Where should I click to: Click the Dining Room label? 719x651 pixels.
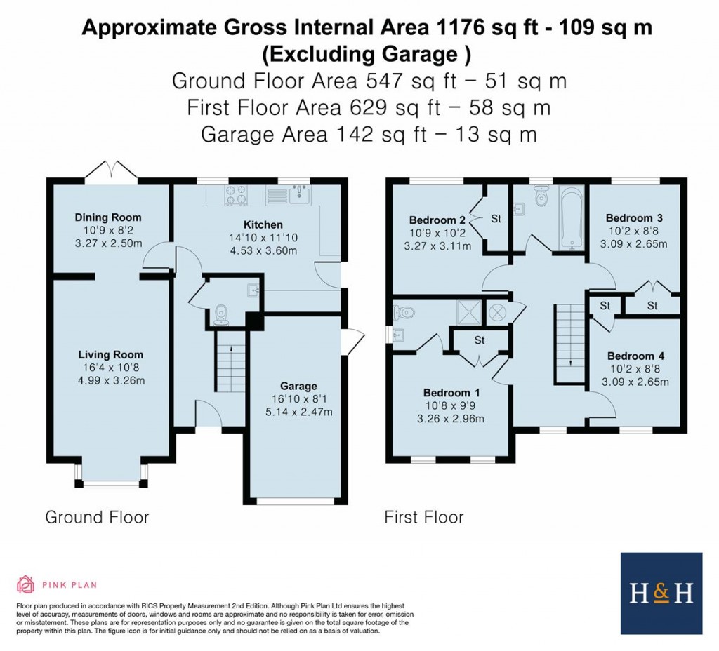click(x=108, y=217)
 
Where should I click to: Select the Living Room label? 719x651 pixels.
click(x=110, y=355)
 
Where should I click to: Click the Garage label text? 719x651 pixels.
click(x=298, y=386)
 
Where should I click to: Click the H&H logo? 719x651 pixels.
click(x=661, y=593)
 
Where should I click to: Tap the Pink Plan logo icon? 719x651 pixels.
click(x=25, y=584)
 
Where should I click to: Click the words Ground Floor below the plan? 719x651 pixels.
click(x=97, y=518)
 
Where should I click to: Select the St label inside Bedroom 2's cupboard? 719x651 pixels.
click(x=496, y=219)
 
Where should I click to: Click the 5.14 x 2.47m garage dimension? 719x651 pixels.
click(x=298, y=411)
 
